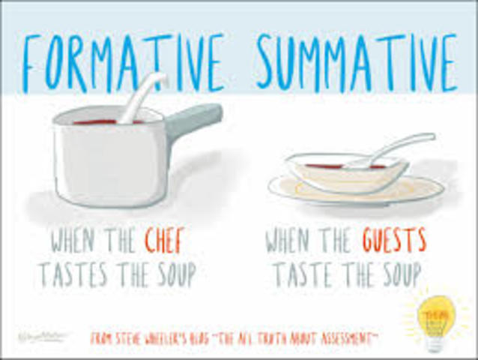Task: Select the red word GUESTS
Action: pos(394,241)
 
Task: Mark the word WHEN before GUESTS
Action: pos(294,241)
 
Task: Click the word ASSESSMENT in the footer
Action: pos(345,338)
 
